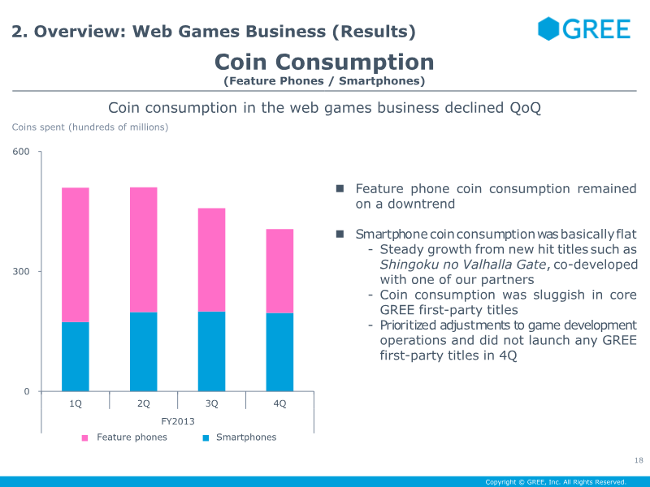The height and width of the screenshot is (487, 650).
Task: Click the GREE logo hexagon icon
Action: coord(549,28)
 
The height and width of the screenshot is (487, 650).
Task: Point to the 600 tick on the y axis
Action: coord(21,152)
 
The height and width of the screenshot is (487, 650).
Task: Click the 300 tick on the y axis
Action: coord(21,272)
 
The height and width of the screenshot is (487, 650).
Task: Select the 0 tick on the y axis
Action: coord(26,392)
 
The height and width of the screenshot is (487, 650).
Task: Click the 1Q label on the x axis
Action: coord(76,403)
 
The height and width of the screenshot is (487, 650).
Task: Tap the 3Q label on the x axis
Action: coord(212,403)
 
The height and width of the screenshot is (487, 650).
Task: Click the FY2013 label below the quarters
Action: coord(177,421)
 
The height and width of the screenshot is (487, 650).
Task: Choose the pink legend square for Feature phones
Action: coord(84,438)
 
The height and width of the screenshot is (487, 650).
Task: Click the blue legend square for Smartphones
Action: coord(206,438)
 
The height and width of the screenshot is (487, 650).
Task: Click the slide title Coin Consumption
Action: coord(324,62)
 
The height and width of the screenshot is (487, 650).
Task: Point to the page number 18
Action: coord(639,461)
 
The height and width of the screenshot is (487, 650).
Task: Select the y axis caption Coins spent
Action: coord(90,127)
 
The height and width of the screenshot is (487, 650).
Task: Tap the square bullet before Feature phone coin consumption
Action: coord(341,188)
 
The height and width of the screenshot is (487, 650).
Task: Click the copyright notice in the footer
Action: coord(556,481)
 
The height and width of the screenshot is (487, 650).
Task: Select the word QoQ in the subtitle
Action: coord(525,108)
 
